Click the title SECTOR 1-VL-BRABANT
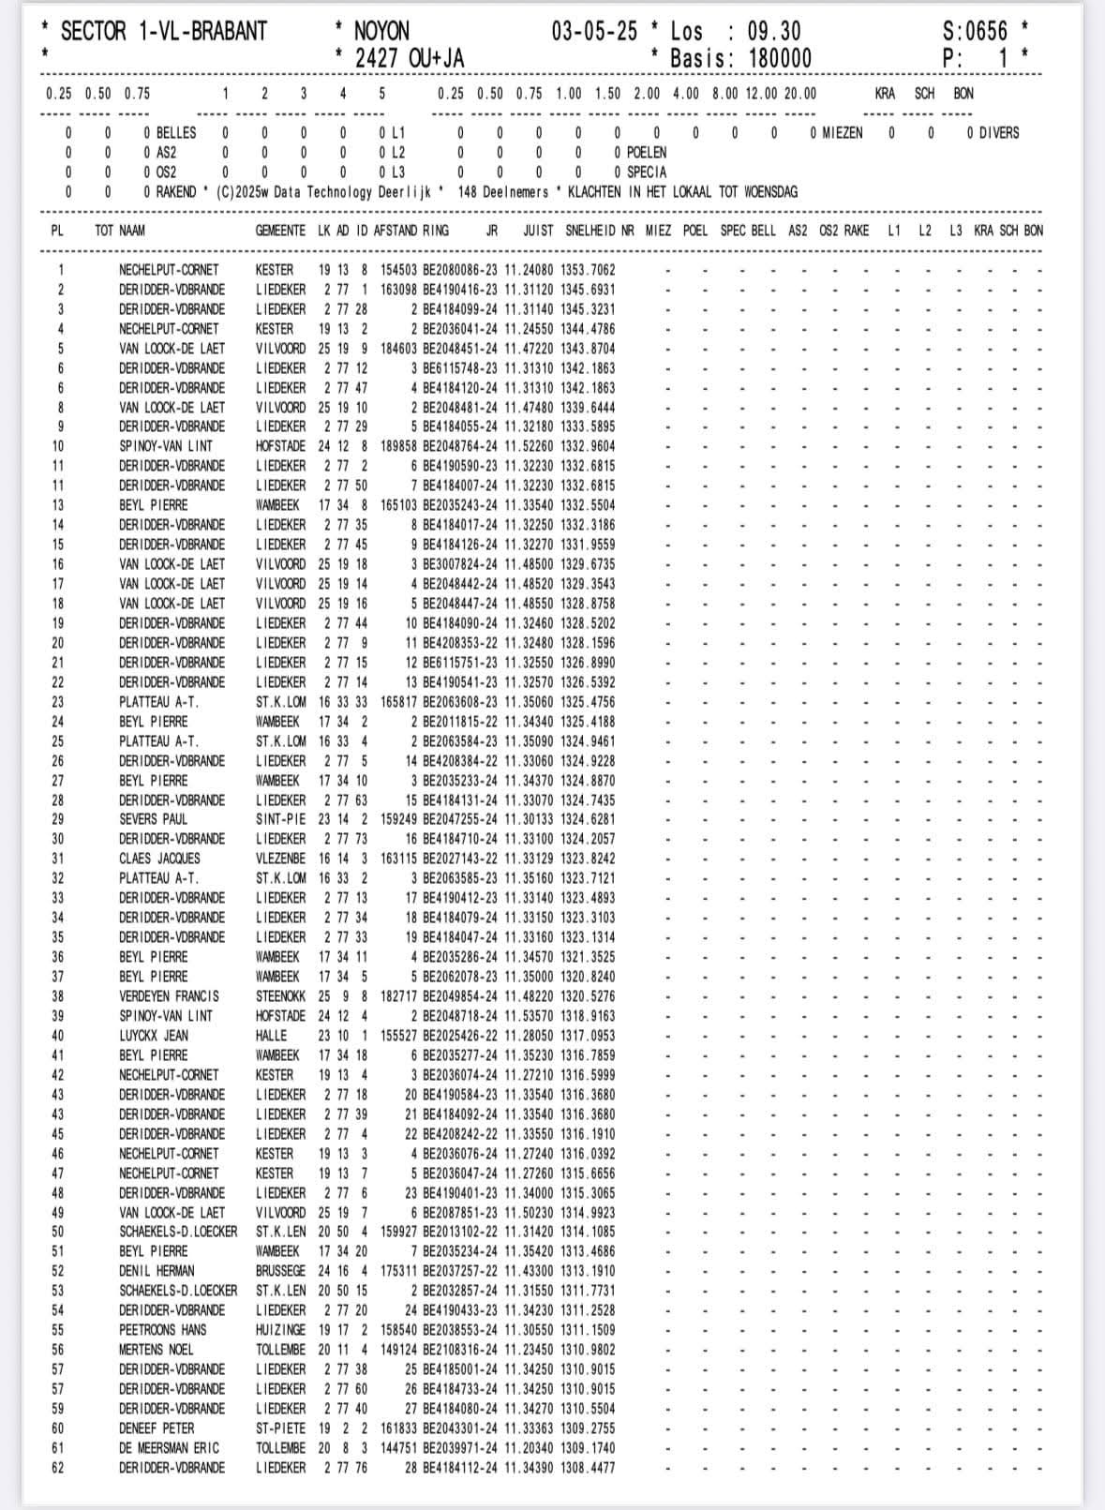[163, 31]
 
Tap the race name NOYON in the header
[381, 31]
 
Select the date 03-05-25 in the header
[593, 31]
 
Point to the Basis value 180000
[780, 58]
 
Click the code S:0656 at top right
[975, 31]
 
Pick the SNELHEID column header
[590, 231]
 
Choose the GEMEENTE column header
[280, 231]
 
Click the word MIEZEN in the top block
[842, 133]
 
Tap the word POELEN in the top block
[647, 153]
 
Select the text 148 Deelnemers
[502, 192]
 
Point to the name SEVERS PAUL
[154, 819]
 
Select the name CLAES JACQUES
[159, 859]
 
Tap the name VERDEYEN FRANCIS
[169, 996]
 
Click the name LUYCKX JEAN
[154, 1036]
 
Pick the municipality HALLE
[272, 1036]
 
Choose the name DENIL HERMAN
[157, 1271]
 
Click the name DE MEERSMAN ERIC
[169, 1448]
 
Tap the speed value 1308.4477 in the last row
[588, 1468]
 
